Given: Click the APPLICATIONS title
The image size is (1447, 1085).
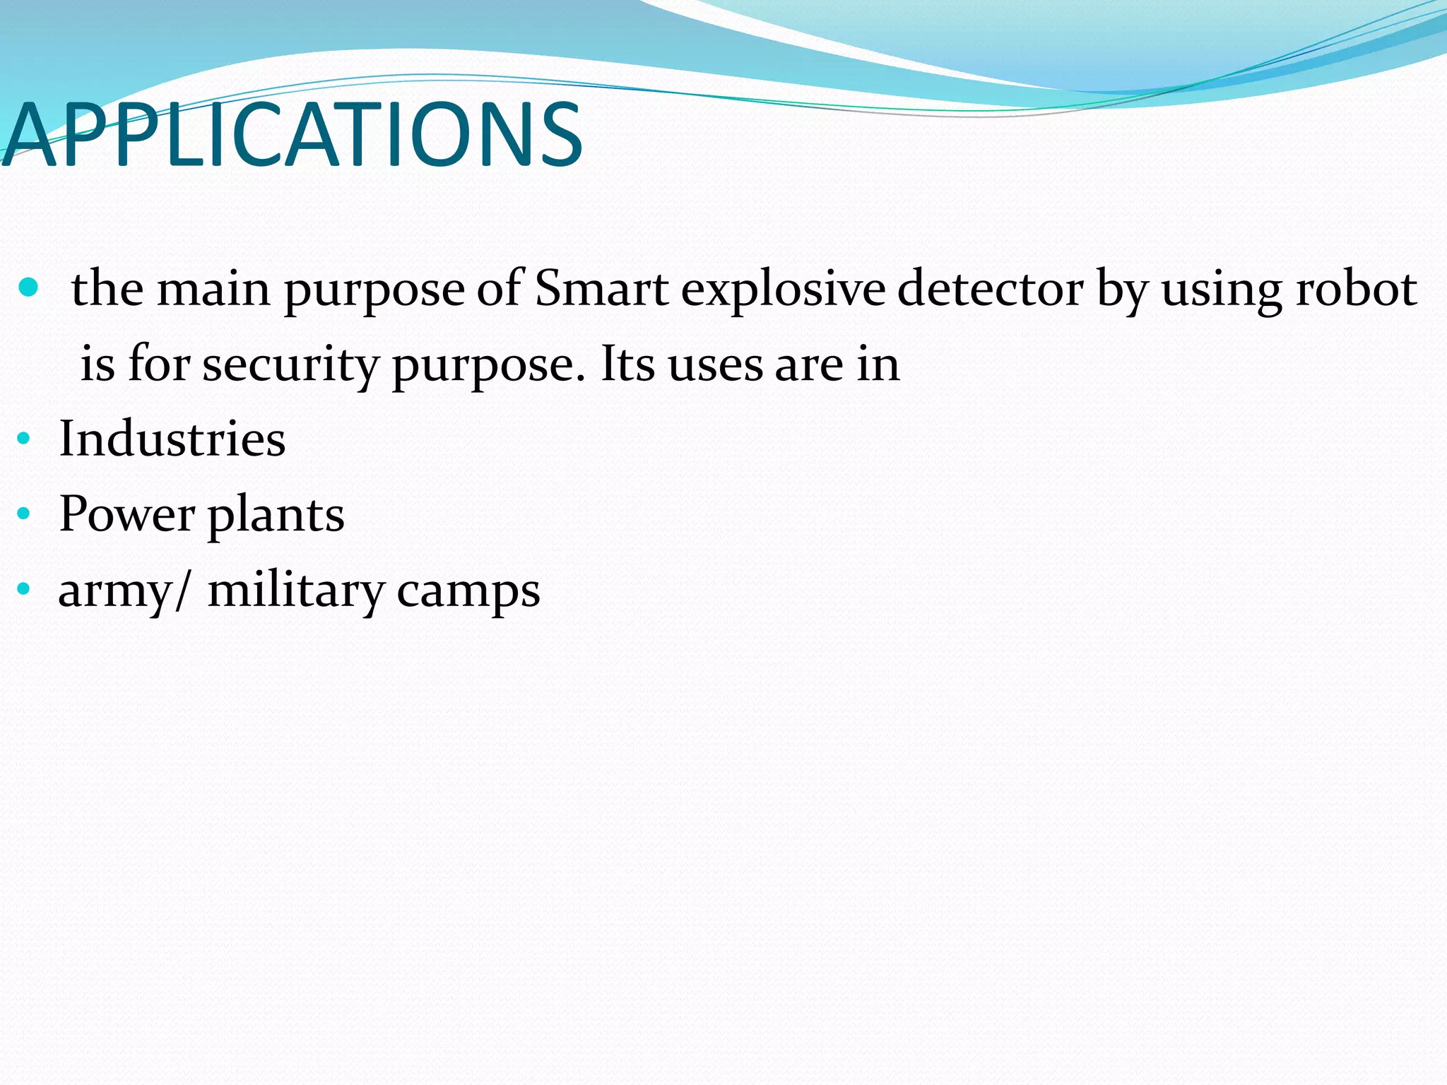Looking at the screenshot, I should [291, 134].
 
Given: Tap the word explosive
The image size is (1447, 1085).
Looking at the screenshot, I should [783, 290].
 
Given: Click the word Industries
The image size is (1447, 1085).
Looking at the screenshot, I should [172, 439].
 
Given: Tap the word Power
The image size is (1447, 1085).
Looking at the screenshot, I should [127, 514].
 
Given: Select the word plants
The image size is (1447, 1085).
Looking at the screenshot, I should [276, 515].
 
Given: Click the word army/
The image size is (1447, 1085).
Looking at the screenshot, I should [124, 591].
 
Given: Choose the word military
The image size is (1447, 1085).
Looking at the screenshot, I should [295, 590].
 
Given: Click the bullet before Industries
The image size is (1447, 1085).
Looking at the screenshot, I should [23, 439].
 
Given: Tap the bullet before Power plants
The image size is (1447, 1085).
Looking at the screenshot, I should [23, 514].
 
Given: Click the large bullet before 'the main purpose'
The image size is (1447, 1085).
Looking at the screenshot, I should [28, 287].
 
